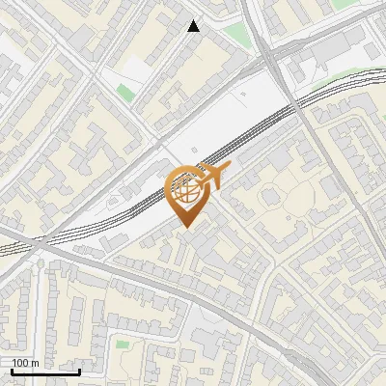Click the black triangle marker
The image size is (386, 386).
tap(194, 26)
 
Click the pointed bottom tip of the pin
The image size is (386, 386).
tap(187, 227)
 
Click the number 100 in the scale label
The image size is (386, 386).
tap(20, 363)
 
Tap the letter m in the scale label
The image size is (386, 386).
tap(36, 363)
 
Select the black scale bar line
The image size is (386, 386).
tap(44, 372)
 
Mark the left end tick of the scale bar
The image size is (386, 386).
tap(11, 370)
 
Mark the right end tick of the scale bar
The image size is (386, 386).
tap(79, 370)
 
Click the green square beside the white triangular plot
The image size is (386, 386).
tap(124, 92)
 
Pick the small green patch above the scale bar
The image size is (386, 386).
tap(122, 344)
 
